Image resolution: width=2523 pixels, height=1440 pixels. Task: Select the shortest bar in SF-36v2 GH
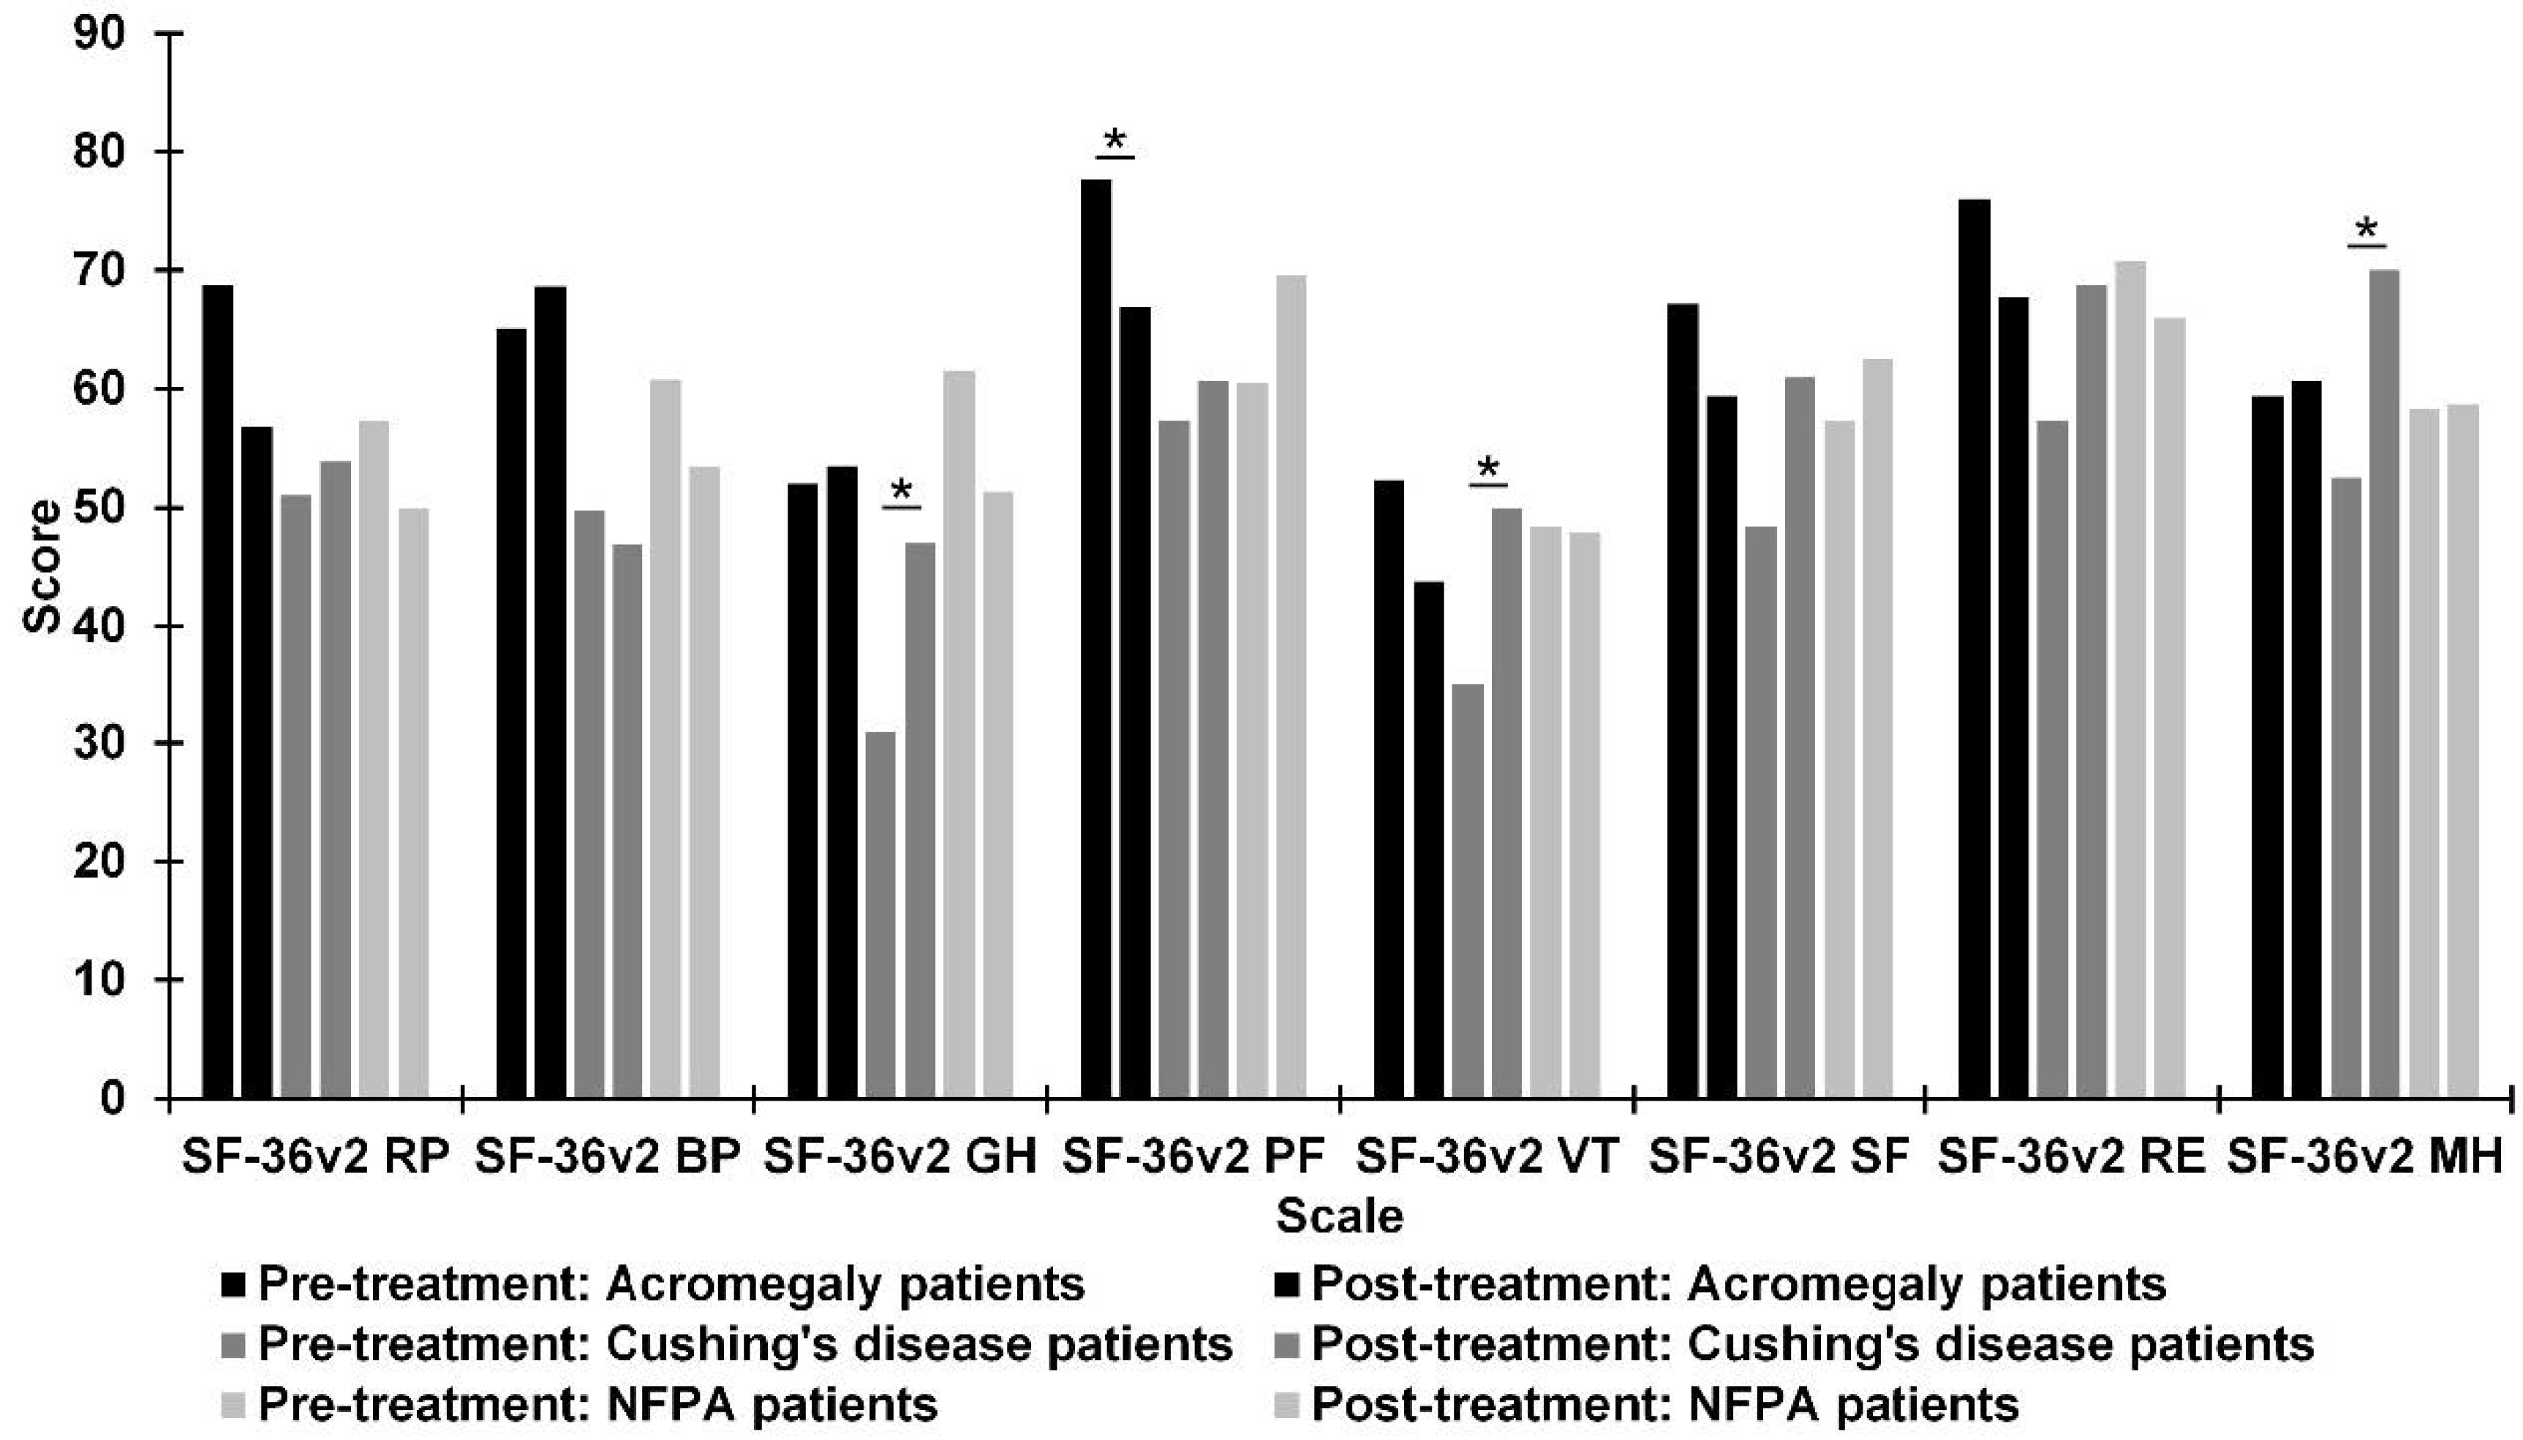pyautogui.click(x=880, y=915)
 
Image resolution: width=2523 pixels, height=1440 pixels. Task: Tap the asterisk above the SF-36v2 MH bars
pyautogui.click(x=2366, y=230)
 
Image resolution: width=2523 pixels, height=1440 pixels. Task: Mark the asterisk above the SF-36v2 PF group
pyautogui.click(x=1115, y=141)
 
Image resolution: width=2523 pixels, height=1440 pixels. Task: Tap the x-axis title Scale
pyautogui.click(x=1340, y=1215)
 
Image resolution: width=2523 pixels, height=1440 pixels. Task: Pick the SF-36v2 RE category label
pyautogui.click(x=2071, y=1156)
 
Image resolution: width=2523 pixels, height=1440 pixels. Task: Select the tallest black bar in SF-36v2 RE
pyautogui.click(x=1975, y=649)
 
